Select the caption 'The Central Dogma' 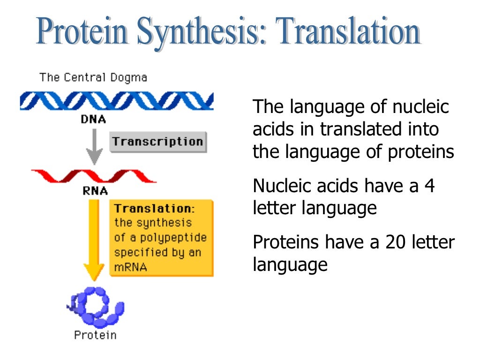click(x=93, y=77)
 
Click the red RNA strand click(x=94, y=176)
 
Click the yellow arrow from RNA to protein click(x=94, y=239)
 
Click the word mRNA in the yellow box click(x=131, y=267)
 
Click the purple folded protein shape click(x=96, y=307)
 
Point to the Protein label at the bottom click(x=95, y=335)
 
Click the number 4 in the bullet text click(x=429, y=187)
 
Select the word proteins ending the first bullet click(x=425, y=152)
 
